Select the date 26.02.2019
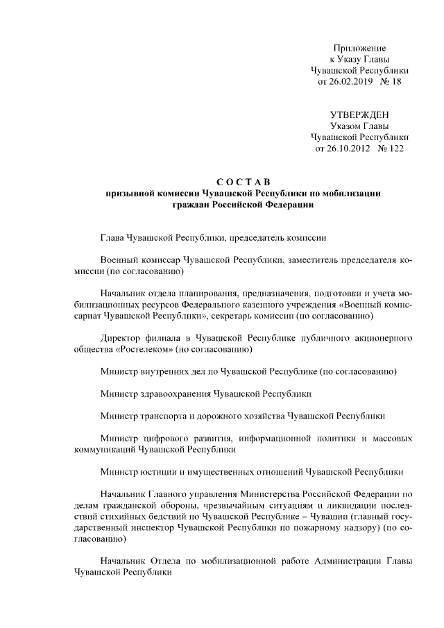click(350, 81)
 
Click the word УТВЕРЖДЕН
click(359, 114)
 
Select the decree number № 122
click(390, 148)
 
